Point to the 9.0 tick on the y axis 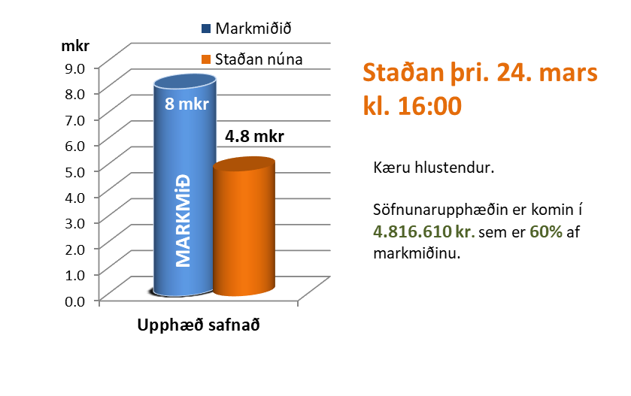click(x=77, y=67)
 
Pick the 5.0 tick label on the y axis click(x=77, y=170)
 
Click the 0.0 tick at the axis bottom click(x=77, y=301)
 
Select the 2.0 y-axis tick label click(x=77, y=248)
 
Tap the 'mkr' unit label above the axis click(x=75, y=45)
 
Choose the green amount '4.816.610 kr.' click(x=423, y=232)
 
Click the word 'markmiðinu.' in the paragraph click(x=416, y=253)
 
